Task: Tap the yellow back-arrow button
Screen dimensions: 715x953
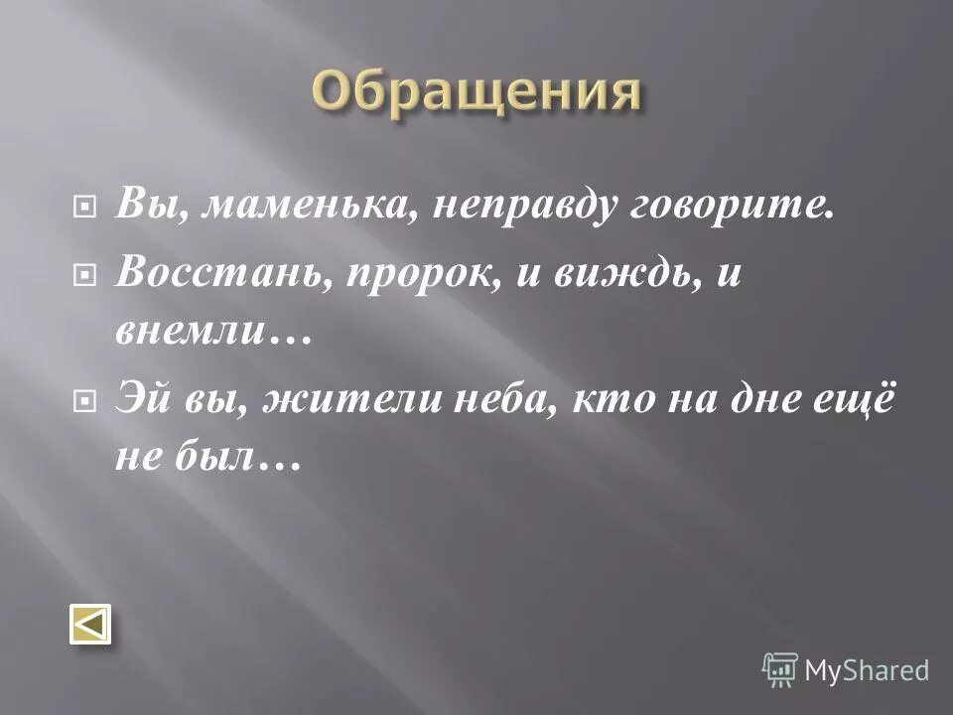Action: pos(89,626)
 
